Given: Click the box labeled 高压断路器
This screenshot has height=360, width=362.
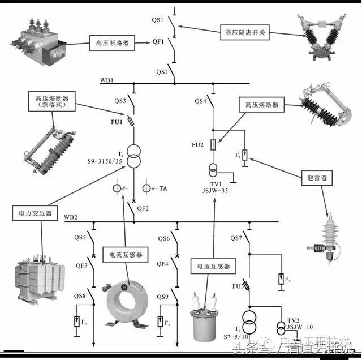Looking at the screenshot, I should point(111,42).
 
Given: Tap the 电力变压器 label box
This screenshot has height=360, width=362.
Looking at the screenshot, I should point(33,213).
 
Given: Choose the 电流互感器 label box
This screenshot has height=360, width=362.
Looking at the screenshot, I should point(122,255).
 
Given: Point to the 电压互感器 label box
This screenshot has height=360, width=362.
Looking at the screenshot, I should point(213,266).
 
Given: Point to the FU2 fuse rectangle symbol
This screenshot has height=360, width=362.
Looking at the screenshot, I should point(213,145).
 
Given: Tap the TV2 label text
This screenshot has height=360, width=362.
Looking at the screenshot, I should point(292,320).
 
